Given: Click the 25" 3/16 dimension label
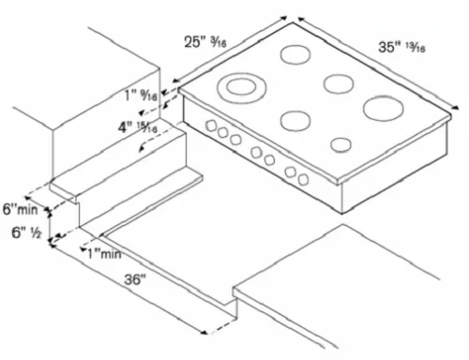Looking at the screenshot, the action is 205,41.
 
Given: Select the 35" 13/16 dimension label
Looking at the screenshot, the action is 401,47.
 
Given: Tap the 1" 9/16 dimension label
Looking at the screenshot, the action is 141,95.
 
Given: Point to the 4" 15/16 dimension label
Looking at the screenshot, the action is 138,127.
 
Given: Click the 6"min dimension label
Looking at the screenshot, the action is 21,209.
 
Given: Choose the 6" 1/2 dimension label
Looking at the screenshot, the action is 26,232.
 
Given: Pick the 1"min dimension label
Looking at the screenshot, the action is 104,254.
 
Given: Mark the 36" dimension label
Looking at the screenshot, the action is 135,279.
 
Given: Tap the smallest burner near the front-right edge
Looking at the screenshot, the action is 340,145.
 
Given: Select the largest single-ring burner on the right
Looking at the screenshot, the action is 384,108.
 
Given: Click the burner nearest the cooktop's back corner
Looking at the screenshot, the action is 295,54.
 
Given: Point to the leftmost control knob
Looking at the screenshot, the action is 211,126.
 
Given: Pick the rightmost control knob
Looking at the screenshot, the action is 303,179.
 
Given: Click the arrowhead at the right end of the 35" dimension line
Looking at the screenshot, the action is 456,108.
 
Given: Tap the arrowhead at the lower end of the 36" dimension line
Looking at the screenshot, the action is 204,333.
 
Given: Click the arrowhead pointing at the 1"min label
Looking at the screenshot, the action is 83,249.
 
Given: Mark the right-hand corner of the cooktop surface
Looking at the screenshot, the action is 450,114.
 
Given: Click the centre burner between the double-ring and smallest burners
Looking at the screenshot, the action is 295,121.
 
